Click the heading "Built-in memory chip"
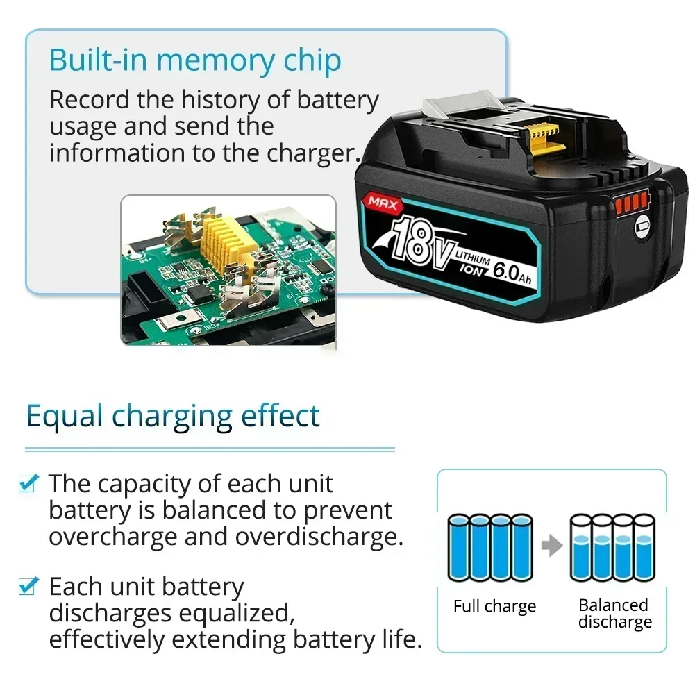[195, 60]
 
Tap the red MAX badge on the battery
[383, 203]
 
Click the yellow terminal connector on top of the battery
[544, 138]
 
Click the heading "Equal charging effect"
[173, 416]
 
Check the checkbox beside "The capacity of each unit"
[28, 483]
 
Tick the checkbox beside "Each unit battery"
[28, 587]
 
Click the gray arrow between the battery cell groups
[552, 545]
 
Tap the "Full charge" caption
[494, 606]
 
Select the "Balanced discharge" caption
[614, 614]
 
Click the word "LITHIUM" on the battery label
[473, 258]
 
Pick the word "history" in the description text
[220, 100]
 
